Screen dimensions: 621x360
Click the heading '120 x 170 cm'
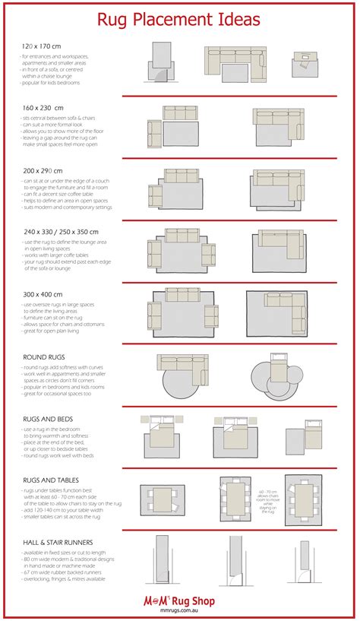(x=42, y=46)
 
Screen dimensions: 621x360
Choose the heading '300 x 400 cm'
(x=43, y=293)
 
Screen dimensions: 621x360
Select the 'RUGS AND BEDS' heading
(x=48, y=419)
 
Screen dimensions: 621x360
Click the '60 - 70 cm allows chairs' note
(x=267, y=502)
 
